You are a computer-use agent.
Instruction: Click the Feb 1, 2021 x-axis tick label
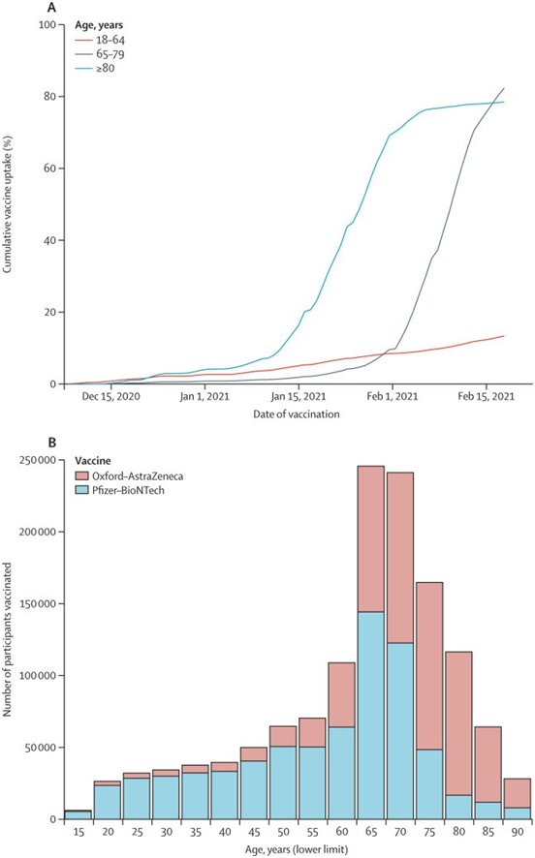click(392, 397)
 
